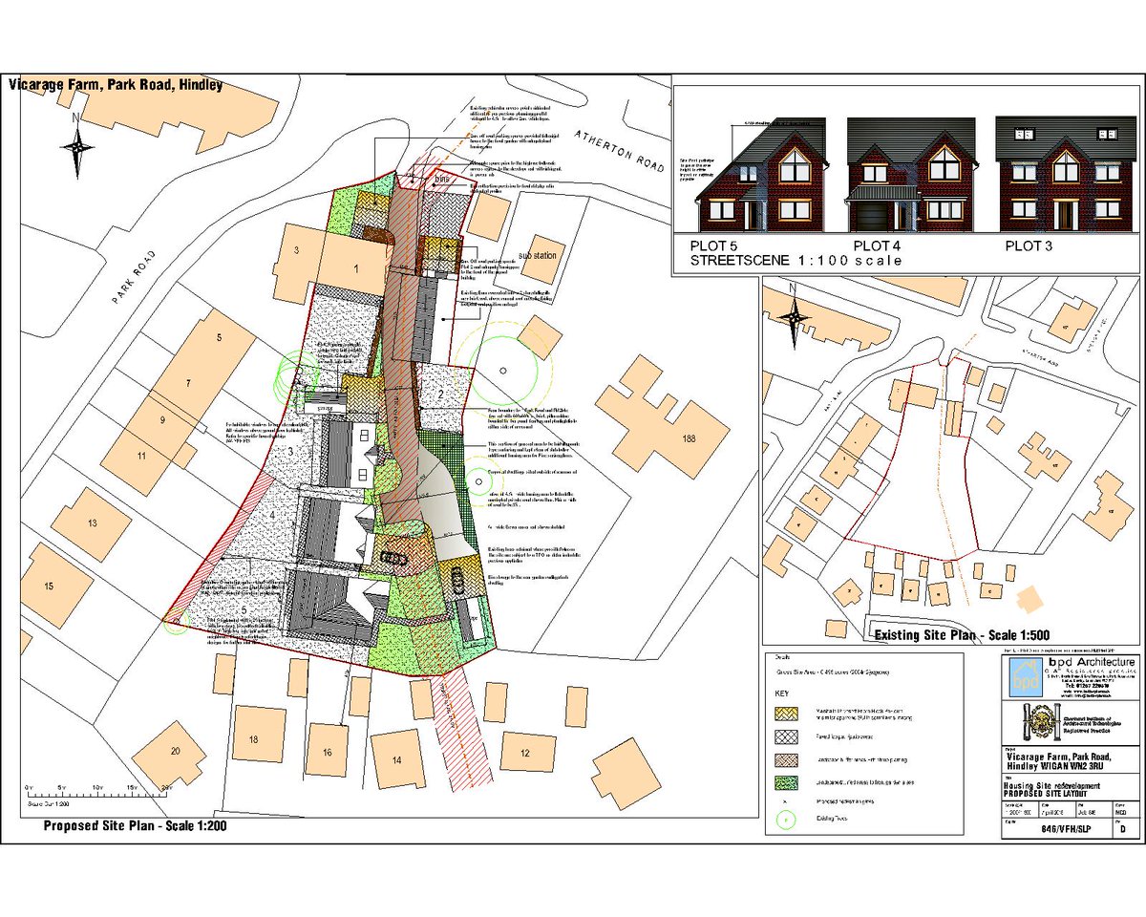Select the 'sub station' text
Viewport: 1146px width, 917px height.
536,256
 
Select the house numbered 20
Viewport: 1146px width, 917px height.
175,752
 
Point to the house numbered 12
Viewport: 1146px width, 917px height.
524,753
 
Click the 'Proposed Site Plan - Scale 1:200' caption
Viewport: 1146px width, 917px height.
134,826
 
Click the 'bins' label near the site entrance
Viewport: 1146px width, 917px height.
441,179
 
